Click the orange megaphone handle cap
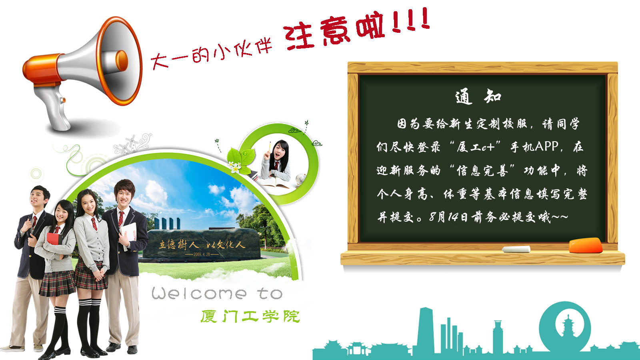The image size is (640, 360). pos(43,70)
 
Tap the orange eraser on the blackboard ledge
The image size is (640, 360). pos(586,246)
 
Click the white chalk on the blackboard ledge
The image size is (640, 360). pos(516,249)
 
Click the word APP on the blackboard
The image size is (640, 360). pos(546,146)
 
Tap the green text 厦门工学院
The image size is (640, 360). pos(250,316)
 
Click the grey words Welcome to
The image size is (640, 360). pos(217,294)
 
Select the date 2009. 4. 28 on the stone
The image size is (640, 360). pos(202,254)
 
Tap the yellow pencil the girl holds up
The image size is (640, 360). pos(269,147)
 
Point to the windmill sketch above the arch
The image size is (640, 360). pos(126,144)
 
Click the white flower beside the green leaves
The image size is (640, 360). pos(235,168)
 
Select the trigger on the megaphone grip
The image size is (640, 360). pos(63,100)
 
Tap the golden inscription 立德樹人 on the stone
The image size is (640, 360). pos(178,244)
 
